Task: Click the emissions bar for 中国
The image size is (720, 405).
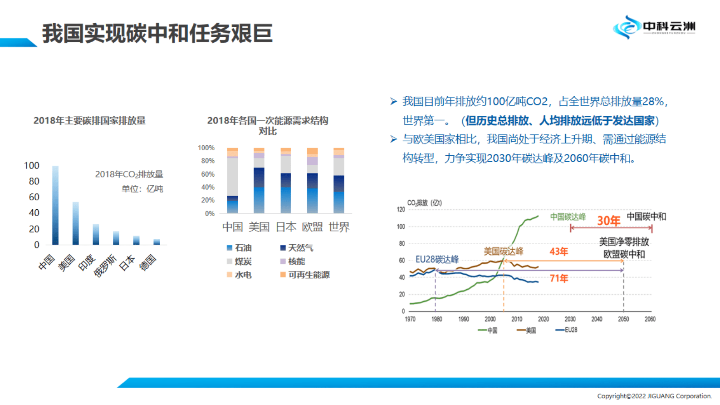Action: (55, 205)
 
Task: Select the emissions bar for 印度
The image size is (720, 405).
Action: (96, 234)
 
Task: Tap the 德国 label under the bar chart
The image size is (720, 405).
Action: (148, 262)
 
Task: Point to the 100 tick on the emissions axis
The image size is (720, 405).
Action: (32, 166)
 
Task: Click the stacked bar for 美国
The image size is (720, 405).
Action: (259, 181)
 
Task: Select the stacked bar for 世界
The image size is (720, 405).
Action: (339, 181)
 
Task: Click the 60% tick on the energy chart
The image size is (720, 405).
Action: (207, 174)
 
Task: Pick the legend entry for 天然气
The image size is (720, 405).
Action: (297, 248)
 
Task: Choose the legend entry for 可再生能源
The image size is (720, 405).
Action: (305, 275)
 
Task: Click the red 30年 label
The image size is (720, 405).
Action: (608, 221)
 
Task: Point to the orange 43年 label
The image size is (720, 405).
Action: (558, 252)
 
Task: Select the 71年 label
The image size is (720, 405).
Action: (558, 278)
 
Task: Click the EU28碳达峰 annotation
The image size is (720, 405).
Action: (437, 259)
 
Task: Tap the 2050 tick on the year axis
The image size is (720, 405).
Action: (623, 319)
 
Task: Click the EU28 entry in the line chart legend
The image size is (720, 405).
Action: (567, 330)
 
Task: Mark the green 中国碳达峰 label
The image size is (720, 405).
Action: (568, 217)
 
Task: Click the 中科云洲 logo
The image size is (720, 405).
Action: (654, 27)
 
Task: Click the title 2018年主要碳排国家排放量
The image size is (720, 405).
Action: (89, 121)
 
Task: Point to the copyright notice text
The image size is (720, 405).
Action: (654, 396)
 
